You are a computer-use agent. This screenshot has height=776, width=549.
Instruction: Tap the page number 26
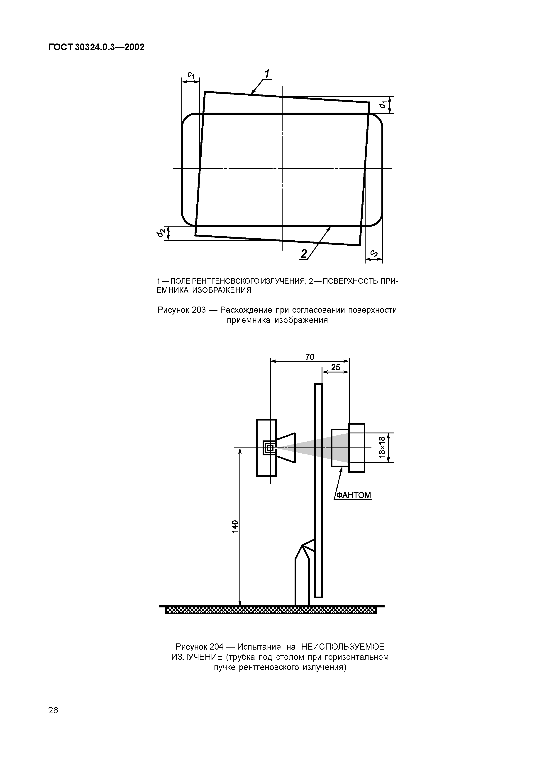pyautogui.click(x=53, y=710)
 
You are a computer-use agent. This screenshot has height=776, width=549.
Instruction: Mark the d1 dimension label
pyautogui.click(x=382, y=105)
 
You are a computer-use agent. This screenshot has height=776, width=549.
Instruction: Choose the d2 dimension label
pyautogui.click(x=160, y=233)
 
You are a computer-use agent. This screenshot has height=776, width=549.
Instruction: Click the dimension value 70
pyautogui.click(x=310, y=357)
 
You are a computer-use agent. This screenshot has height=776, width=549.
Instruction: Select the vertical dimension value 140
pyautogui.click(x=235, y=527)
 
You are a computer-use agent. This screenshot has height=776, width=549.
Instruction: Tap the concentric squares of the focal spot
pyautogui.click(x=270, y=448)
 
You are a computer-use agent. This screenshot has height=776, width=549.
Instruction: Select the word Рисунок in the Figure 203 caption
pyautogui.click(x=173, y=310)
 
